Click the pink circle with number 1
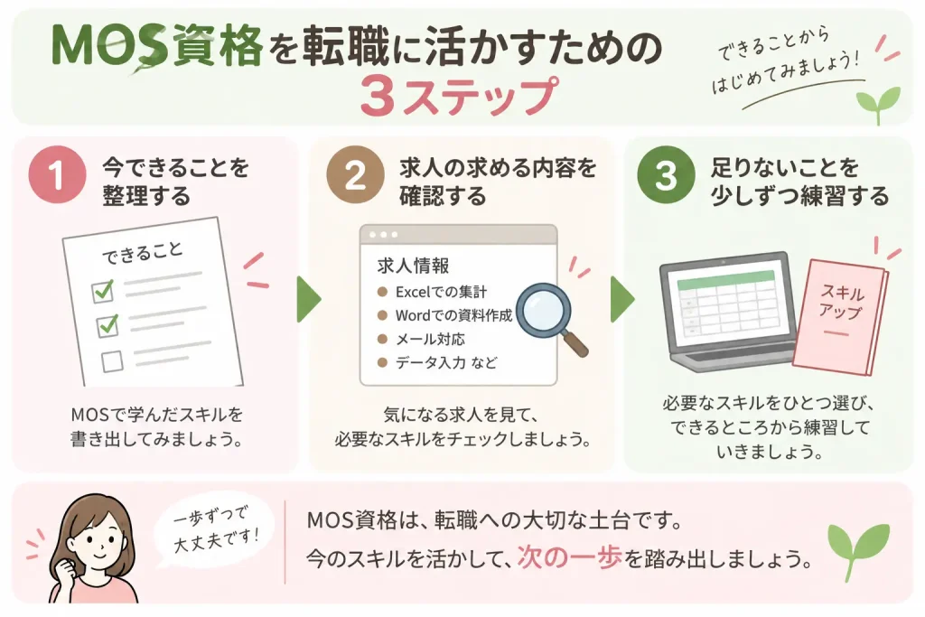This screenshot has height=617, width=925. pos(57,174)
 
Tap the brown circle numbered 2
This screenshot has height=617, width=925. pos(354,174)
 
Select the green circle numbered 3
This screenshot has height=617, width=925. pos(666,174)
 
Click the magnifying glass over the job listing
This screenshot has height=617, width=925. pos(550,319)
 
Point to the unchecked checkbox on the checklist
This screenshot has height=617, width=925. pos(112,361)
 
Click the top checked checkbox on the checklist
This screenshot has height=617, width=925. pos(103,291)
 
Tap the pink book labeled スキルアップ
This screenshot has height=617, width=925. pos(840,317)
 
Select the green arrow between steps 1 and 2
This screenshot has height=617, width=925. pos(309,298)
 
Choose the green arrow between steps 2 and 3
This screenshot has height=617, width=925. pos(622,298)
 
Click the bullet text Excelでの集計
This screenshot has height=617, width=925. pos(441,292)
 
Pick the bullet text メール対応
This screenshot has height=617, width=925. pos(430,339)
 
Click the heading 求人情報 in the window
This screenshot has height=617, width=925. pos(413,266)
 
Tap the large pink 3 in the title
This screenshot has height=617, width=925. pos(378,96)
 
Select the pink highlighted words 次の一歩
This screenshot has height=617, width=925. pos(570,557)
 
